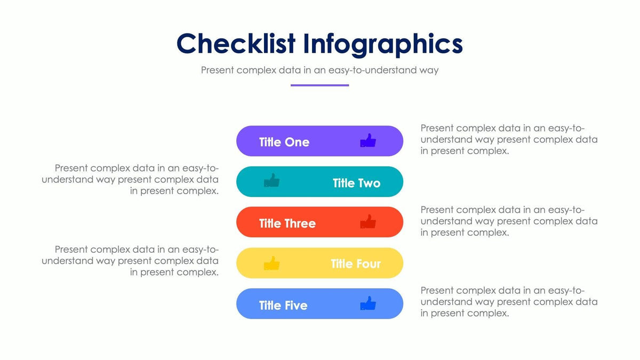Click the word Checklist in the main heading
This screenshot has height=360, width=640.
236,44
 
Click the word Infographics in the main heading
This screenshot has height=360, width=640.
383,44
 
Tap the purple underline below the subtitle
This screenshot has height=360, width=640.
319,85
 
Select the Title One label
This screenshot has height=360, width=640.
284,142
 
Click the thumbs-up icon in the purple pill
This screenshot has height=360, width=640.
368,141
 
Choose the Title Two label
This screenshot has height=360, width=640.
356,183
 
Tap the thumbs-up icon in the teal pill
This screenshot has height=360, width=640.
272,181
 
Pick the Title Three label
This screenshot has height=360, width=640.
287,223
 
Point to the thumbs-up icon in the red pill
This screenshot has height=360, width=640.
368,222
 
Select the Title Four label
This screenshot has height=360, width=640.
355,264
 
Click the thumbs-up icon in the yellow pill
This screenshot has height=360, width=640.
272,263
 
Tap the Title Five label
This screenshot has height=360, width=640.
283,305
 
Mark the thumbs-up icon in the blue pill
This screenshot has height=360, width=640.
368,303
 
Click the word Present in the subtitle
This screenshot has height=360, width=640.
217,70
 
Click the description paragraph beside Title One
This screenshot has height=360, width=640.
509,139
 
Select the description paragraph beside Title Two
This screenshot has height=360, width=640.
131,180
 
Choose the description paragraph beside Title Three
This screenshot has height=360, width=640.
509,221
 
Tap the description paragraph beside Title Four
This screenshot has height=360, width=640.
131,261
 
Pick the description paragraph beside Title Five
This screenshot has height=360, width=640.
509,302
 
